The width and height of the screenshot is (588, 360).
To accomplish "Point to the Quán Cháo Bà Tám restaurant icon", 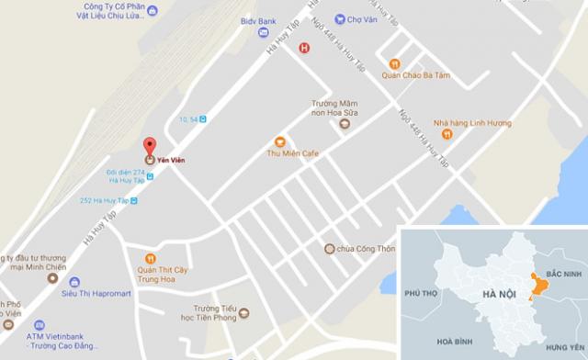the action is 394,63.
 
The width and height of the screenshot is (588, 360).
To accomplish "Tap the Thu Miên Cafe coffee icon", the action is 280,141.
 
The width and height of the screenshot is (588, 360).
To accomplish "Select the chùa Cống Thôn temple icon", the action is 329,248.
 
